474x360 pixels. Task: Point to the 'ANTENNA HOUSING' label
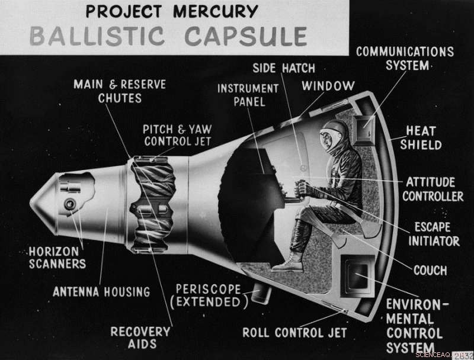pos(101,291)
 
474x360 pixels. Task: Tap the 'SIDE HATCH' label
pos(283,68)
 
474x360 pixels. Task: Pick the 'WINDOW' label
pos(328,86)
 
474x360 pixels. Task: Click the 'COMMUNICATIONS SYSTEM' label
pos(405,58)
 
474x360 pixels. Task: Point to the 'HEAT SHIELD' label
pos(421,137)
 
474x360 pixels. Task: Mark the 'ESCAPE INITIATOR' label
pos(433,234)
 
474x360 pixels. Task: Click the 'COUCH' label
pos(430,270)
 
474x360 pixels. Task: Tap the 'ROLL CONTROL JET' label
pos(294,332)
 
